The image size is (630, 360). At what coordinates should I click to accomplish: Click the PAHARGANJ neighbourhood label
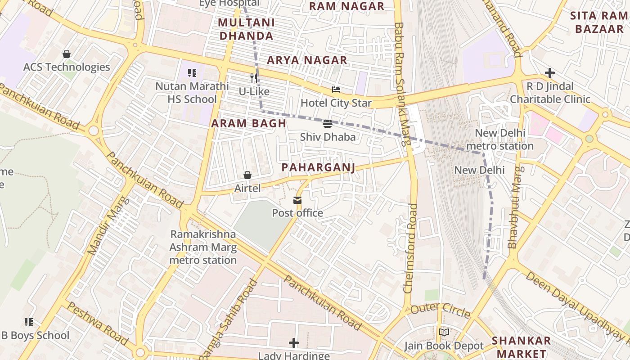click(x=318, y=167)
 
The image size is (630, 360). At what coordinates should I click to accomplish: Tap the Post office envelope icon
click(x=297, y=200)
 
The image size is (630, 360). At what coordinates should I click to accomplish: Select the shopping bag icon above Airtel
click(x=247, y=175)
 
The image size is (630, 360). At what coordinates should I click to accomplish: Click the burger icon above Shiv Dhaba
click(x=328, y=123)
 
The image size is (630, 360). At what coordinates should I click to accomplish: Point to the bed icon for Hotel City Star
click(x=336, y=90)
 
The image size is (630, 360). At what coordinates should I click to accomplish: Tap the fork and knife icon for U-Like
click(x=254, y=78)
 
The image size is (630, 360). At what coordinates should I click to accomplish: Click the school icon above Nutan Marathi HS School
click(x=192, y=72)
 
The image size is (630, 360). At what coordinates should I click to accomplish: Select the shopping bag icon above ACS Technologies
click(x=67, y=54)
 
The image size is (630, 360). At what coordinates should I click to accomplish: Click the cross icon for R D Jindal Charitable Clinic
click(x=549, y=72)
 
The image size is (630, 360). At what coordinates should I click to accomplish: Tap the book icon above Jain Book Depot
click(x=444, y=333)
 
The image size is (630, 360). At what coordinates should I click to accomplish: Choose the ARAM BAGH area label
click(x=249, y=123)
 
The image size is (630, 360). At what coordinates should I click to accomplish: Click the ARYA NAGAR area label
click(x=307, y=60)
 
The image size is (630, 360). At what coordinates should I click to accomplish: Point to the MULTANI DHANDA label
click(x=246, y=29)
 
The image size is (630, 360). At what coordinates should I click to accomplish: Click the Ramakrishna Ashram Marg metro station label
click(x=203, y=247)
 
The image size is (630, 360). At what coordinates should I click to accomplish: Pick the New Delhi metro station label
click(x=500, y=139)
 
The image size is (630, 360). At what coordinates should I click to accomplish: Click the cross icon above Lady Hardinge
click(x=294, y=343)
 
